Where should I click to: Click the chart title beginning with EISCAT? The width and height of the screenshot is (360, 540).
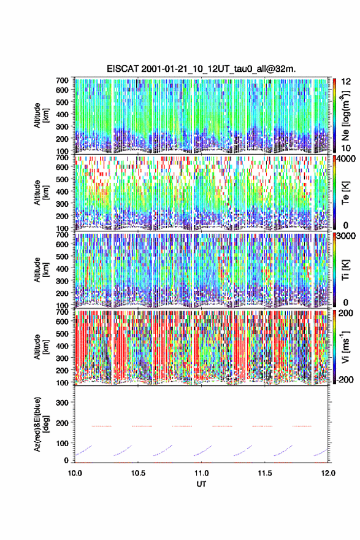pyautogui.click(x=201, y=69)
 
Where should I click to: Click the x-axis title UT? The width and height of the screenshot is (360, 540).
pyautogui.click(x=201, y=484)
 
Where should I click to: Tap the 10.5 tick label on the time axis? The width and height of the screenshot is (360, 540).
pyautogui.click(x=138, y=473)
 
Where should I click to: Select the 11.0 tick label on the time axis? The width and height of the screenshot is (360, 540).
pyautogui.click(x=201, y=473)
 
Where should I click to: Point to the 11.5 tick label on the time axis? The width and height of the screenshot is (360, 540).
pyautogui.click(x=265, y=473)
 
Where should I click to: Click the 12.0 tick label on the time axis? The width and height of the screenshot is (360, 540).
pyautogui.click(x=328, y=473)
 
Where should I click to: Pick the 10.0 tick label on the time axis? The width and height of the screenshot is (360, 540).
pyautogui.click(x=75, y=473)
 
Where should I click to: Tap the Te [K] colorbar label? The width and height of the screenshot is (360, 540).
pyautogui.click(x=345, y=193)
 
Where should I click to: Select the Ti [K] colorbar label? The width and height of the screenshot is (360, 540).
pyautogui.click(x=345, y=270)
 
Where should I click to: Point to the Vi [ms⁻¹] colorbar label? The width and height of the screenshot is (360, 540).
pyautogui.click(x=345, y=347)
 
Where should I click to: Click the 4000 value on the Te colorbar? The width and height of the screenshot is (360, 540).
pyautogui.click(x=345, y=159)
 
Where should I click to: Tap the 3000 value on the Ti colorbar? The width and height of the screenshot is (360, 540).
pyautogui.click(x=345, y=236)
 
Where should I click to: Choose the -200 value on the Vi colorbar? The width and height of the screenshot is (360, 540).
pyautogui.click(x=344, y=380)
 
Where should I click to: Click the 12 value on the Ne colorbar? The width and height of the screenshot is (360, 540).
pyautogui.click(x=346, y=82)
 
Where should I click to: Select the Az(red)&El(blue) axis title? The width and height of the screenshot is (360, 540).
pyautogui.click(x=41, y=424)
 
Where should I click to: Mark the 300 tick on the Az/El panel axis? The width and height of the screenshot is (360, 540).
pyautogui.click(x=63, y=403)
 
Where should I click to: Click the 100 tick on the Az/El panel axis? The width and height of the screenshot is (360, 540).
pyautogui.click(x=63, y=443)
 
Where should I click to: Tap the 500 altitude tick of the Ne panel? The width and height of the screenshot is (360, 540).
pyautogui.click(x=63, y=102)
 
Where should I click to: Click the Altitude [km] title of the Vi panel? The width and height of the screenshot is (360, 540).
pyautogui.click(x=41, y=347)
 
